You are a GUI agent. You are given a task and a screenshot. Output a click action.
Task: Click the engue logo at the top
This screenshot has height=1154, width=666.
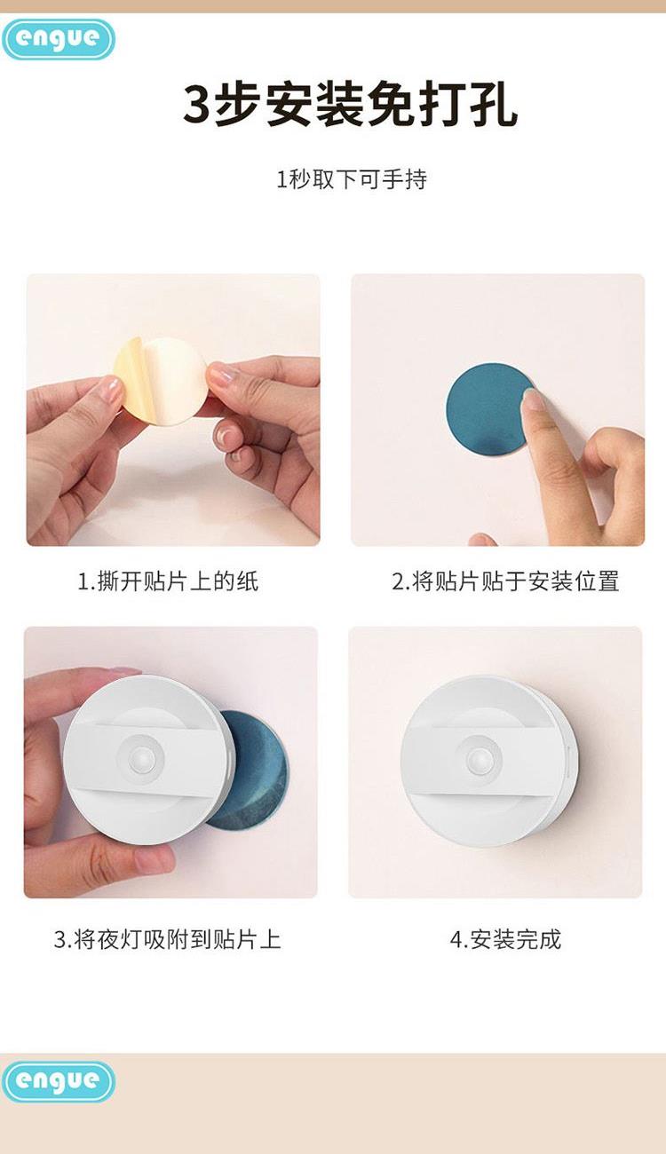(x=59, y=39)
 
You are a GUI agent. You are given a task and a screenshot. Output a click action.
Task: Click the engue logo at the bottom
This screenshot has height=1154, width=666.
(x=59, y=1080)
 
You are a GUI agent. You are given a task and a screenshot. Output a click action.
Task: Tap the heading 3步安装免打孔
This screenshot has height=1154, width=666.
(x=351, y=107)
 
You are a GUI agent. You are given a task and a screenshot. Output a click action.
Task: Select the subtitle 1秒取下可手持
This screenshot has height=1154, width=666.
(x=352, y=179)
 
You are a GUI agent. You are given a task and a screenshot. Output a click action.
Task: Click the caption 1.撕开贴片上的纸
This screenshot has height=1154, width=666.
(x=168, y=581)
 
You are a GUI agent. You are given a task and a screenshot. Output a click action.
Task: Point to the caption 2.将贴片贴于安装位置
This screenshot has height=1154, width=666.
(x=505, y=581)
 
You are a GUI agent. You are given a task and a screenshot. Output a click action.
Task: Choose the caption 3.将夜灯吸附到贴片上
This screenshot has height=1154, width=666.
(x=168, y=938)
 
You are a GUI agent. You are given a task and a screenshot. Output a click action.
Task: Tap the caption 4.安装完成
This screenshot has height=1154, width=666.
(x=505, y=938)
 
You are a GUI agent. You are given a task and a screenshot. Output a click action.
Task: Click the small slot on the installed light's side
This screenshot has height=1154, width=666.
(x=568, y=761)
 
